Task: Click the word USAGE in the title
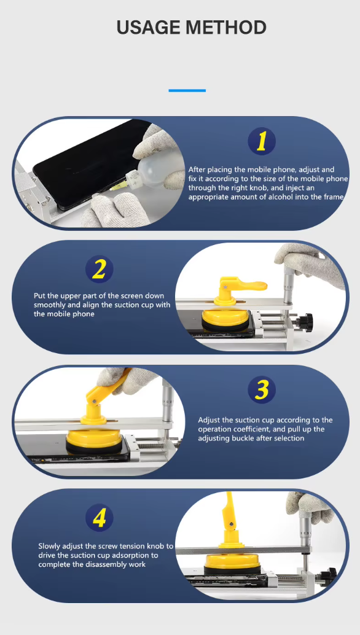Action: click(147, 27)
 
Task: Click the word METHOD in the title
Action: click(226, 27)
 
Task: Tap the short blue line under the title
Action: click(187, 90)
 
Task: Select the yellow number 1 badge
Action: click(262, 141)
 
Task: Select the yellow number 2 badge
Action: click(99, 269)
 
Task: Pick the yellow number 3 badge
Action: click(262, 389)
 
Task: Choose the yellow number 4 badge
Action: click(99, 518)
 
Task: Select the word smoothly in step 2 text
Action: click(51, 305)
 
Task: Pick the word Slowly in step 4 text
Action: click(49, 547)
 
